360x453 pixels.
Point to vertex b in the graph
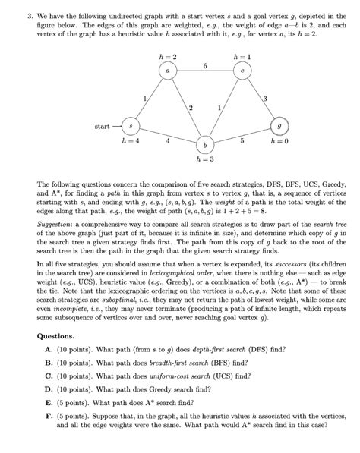pos(204,144)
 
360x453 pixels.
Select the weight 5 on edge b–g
pos(242,140)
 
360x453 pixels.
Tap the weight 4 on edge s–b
pos(167,140)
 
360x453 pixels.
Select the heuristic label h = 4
pos(131,141)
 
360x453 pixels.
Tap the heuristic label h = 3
pos(204,160)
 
